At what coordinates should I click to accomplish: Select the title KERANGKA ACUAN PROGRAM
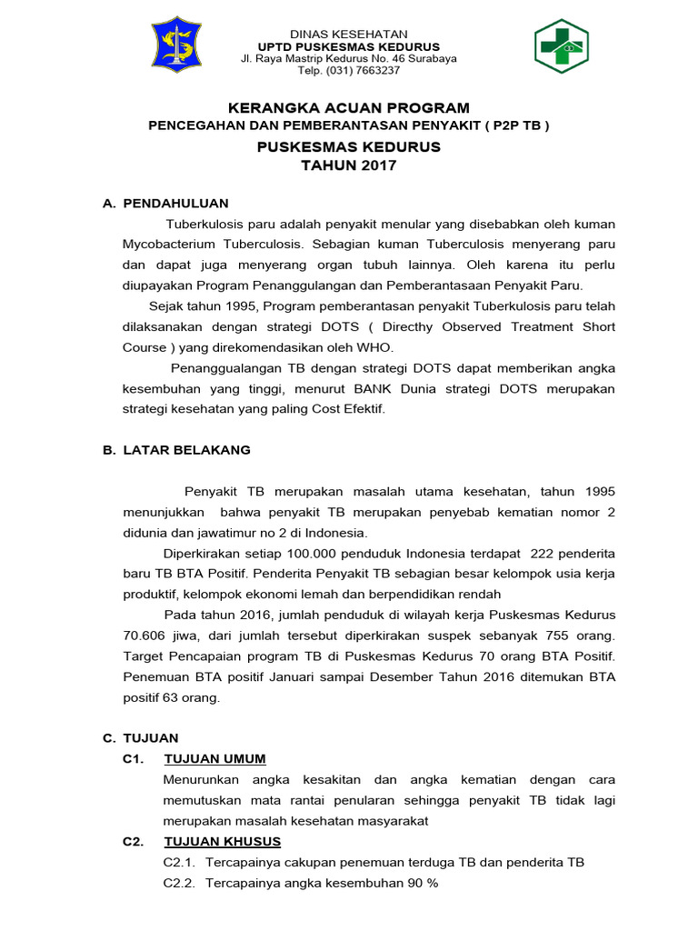(x=349, y=108)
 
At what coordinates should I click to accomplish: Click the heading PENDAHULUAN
(x=175, y=203)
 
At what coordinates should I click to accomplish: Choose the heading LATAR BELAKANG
(x=186, y=449)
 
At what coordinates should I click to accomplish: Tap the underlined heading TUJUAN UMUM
(x=214, y=759)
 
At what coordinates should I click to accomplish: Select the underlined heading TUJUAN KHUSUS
(x=222, y=841)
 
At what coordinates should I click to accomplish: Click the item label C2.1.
(x=179, y=862)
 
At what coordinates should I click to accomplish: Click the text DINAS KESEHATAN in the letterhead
(x=349, y=34)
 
